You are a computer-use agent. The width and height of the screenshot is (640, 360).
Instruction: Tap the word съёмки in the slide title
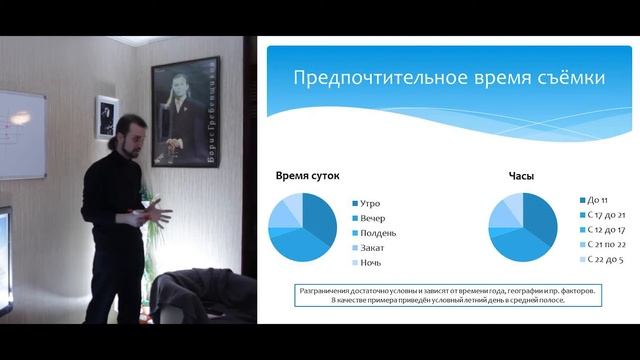pyautogui.click(x=531, y=79)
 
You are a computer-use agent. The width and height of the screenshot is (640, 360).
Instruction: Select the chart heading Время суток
pyautogui.click(x=307, y=176)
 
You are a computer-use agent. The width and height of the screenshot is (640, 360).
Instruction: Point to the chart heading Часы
pyautogui.click(x=521, y=176)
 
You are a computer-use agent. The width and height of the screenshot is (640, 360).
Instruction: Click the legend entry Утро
pyautogui.click(x=369, y=202)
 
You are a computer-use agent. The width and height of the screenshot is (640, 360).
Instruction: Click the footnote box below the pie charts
pyautogui.click(x=447, y=295)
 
